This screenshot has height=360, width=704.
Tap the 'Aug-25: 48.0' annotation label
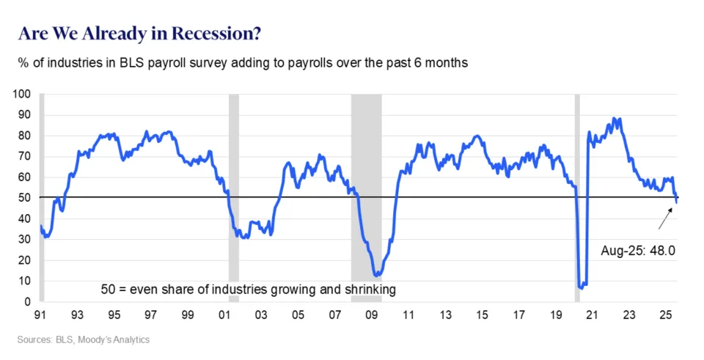coord(637,250)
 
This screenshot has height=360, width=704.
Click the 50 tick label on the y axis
coord(26,198)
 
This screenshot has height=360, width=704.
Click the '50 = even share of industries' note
coord(249,290)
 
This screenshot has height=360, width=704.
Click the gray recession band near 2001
coord(234,198)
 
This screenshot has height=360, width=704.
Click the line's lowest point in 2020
coord(582,287)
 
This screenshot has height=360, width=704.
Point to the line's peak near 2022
coord(616,119)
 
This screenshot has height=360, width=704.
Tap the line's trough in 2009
coord(376,276)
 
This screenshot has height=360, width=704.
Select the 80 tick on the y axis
coord(26,136)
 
